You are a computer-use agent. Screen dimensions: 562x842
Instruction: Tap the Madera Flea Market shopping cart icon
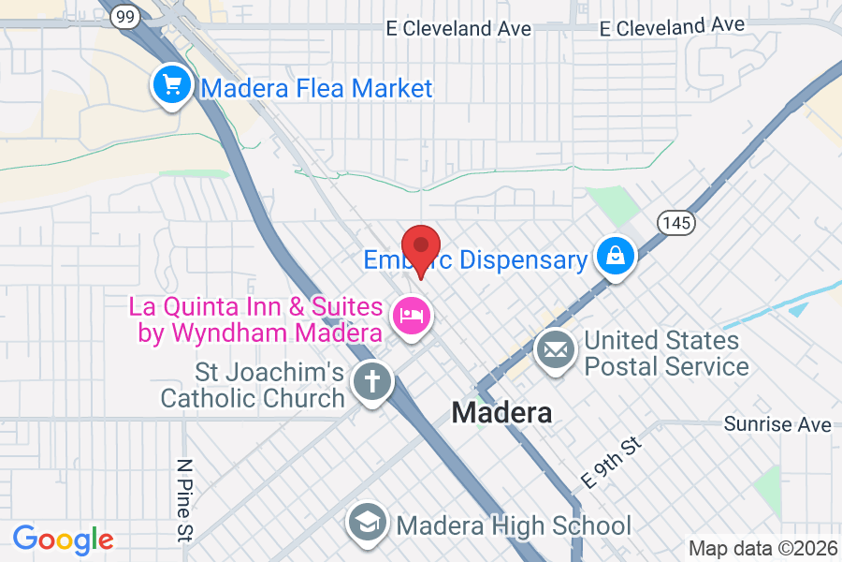coord(172,86)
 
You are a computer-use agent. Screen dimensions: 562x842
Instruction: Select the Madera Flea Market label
coord(316,89)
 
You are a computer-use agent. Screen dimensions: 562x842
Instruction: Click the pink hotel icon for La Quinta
coord(411,315)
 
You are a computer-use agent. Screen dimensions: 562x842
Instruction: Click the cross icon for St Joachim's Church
coord(371,381)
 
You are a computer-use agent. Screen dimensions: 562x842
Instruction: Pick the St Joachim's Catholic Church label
coord(253,385)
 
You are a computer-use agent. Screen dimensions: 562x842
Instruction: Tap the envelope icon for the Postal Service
coord(555,351)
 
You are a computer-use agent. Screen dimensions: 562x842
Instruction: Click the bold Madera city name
coord(501,412)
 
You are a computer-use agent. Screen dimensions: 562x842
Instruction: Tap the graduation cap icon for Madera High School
coord(368,525)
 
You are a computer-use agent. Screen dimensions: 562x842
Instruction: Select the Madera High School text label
coord(514,525)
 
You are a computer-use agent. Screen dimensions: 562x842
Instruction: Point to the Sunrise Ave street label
coord(777,424)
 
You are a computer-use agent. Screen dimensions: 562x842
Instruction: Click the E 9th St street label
coord(613,461)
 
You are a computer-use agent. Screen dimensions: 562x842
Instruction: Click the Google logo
coord(63,540)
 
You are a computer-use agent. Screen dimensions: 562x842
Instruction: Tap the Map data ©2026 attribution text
coord(762,548)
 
